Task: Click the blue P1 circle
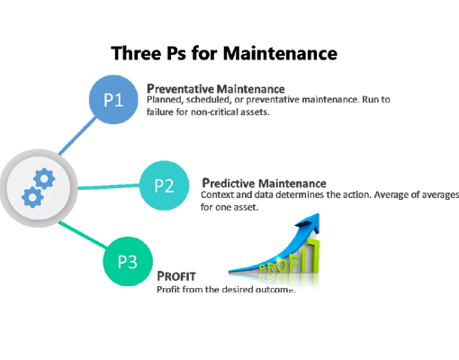tap(113, 100)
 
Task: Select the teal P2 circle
tap(165, 185)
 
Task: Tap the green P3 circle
tap(128, 261)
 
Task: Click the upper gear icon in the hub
tap(44, 178)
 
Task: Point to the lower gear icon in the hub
tap(32, 197)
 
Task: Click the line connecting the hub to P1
tap(77, 136)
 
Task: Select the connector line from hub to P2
tap(109, 186)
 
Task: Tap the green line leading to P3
tap(83, 235)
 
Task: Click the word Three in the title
tap(136, 53)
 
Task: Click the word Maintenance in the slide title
tap(280, 53)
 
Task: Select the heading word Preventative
tap(180, 89)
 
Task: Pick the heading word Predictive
tap(229, 183)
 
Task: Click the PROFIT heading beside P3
tap(176, 276)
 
